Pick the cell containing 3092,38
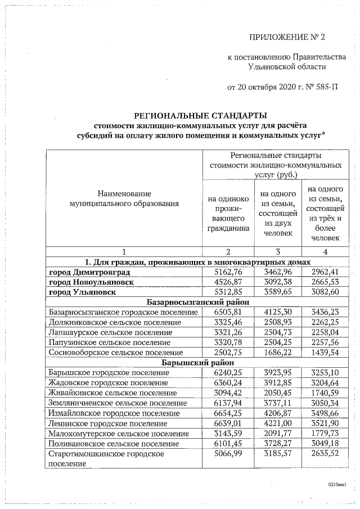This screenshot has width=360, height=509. (277, 282)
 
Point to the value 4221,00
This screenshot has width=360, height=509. (277, 423)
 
